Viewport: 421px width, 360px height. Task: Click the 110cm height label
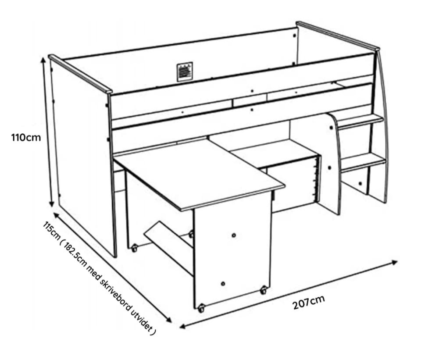pos(26,137)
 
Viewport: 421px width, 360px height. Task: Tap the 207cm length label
pos(309,302)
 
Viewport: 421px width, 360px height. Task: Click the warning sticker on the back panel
pos(185,71)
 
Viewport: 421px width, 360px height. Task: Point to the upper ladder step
pos(360,121)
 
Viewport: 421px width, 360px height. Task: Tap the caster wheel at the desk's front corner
pos(201,308)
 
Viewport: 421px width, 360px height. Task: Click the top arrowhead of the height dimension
pos(43,61)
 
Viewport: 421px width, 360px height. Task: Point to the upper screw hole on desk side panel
pos(234,235)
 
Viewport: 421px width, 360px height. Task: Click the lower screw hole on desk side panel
pos(223,284)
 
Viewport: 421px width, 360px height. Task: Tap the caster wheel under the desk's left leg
pos(134,248)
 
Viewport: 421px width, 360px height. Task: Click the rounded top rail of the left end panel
pos(80,74)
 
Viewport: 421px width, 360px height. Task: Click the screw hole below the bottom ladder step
pos(360,184)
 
